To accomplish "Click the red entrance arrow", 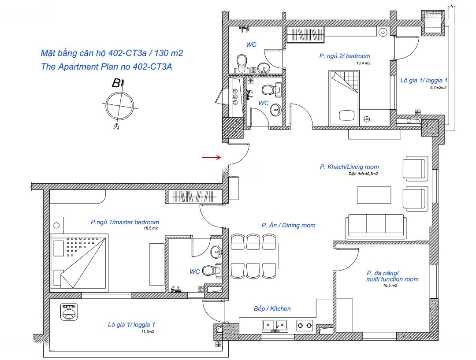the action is [212, 157].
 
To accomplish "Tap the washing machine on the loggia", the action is [69, 312].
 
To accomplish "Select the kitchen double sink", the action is [275, 325].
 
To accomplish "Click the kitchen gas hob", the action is [305, 325].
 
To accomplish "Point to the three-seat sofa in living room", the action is [376, 226].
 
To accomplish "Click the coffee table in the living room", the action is [374, 195].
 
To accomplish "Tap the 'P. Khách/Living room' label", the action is [349, 167].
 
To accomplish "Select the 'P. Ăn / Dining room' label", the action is [288, 225].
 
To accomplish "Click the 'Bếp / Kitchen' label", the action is [272, 309].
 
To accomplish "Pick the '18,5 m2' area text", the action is [151, 228].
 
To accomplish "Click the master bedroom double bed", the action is [79, 261].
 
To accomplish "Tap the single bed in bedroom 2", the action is [344, 98].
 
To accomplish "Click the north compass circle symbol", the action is [119, 106].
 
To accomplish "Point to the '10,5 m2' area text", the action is [390, 286].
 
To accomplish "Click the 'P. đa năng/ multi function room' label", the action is [392, 276].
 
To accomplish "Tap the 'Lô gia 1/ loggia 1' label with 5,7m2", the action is [424, 81].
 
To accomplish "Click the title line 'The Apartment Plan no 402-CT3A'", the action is [107, 67].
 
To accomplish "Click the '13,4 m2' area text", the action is [363, 63].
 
